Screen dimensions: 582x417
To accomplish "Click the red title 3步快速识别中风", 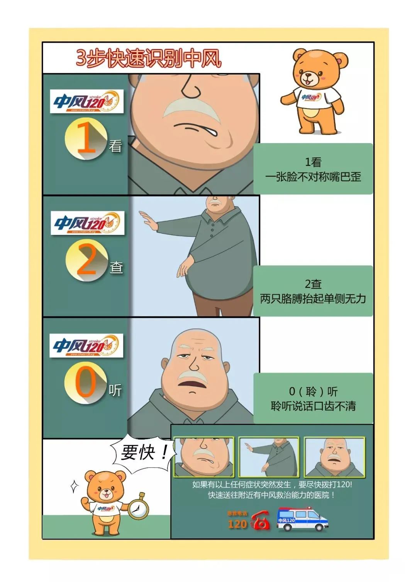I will pyautogui.click(x=149, y=59).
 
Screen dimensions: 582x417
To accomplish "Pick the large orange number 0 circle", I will pyautogui.click(x=85, y=383).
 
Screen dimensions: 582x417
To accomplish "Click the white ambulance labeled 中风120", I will pyautogui.click(x=302, y=519).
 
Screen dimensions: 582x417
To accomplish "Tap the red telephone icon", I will pyautogui.click(x=261, y=521).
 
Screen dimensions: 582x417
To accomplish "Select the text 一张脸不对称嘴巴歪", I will pyautogui.click(x=313, y=177).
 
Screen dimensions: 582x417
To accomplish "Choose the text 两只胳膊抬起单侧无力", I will pyautogui.click(x=313, y=299).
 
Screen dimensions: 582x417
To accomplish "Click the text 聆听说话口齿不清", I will pyautogui.click(x=313, y=406).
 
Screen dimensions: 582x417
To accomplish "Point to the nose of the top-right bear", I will pyautogui.click(x=308, y=76).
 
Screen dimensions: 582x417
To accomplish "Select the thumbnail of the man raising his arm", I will pyautogui.click(x=269, y=457).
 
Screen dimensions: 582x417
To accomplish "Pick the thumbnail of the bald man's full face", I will pyautogui.click(x=334, y=457).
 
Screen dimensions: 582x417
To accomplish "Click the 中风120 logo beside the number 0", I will pyautogui.click(x=86, y=345).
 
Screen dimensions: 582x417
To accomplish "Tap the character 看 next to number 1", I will pyautogui.click(x=115, y=146).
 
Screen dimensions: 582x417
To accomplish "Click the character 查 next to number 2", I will pyautogui.click(x=116, y=267).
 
